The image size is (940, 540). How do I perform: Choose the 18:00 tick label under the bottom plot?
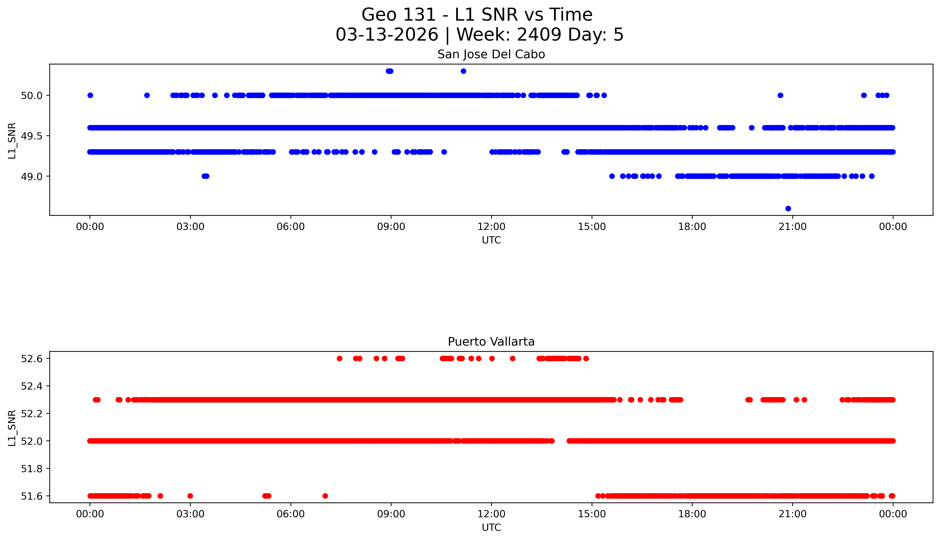[x=692, y=514]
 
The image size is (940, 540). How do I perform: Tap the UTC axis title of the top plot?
[x=491, y=240]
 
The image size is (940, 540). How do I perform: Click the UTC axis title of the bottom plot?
[x=491, y=527]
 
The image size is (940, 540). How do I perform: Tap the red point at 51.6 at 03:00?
[x=190, y=496]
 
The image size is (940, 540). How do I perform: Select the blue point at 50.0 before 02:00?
[x=147, y=95]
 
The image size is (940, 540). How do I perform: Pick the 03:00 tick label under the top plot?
[x=190, y=227]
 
